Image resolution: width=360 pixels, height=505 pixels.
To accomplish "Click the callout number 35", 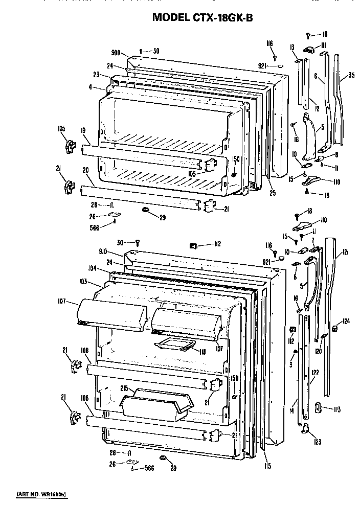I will [351, 76].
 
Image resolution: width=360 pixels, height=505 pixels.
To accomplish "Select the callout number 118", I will [202, 352].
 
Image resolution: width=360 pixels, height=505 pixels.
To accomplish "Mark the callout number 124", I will [347, 322].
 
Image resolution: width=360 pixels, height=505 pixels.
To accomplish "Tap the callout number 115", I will [267, 466].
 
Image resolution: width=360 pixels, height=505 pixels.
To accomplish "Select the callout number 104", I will [92, 268].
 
